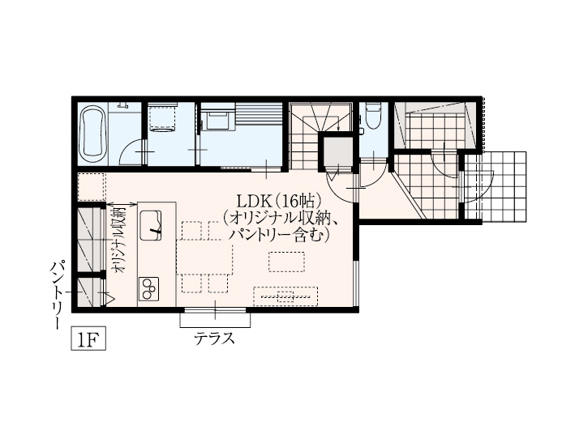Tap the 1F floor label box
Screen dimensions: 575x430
pos(88,338)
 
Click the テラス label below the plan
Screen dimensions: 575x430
pos(215,338)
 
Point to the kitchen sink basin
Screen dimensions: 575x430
pos(150,226)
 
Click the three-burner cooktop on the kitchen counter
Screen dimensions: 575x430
pos(149,288)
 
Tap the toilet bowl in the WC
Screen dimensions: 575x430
pos(374,117)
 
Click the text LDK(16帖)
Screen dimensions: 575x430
pos(279,202)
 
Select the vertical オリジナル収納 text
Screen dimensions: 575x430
pos(120,241)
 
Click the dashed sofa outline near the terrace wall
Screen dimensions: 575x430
pos(285,296)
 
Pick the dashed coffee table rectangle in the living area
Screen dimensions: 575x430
pos(286,262)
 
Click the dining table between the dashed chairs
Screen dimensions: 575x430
pos(204,257)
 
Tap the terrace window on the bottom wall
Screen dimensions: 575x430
pos(215,311)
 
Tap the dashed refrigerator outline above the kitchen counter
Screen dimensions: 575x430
pos(92,187)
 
